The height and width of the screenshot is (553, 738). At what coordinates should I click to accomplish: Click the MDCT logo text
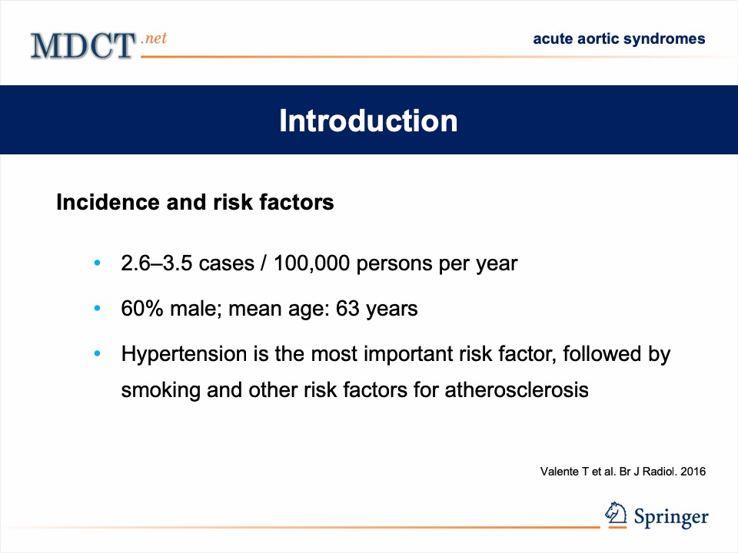tap(83, 45)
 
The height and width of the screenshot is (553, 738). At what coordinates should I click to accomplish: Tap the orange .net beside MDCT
tap(154, 38)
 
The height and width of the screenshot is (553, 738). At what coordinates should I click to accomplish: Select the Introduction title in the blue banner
tap(368, 121)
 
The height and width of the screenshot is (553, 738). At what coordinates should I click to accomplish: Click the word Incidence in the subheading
tap(108, 202)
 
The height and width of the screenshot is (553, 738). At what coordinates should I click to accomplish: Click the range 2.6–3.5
tap(157, 263)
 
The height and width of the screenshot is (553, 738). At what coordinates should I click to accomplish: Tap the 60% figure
tap(142, 309)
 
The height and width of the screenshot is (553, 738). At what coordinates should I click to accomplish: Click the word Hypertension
tap(184, 354)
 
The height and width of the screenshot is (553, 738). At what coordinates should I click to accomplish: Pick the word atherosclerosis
tap(517, 390)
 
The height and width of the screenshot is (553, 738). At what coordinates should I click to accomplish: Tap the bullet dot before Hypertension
tap(98, 353)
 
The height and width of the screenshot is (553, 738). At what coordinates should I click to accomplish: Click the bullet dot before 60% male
tap(98, 309)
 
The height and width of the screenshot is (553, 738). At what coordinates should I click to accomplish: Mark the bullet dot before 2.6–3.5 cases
tap(98, 263)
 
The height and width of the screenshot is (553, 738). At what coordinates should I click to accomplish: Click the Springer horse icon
tap(616, 514)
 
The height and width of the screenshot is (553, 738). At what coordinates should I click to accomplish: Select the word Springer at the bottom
tap(671, 517)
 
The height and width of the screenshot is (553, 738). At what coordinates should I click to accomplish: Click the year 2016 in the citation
tap(693, 472)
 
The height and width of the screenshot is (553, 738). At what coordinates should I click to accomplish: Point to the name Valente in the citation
tap(560, 472)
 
